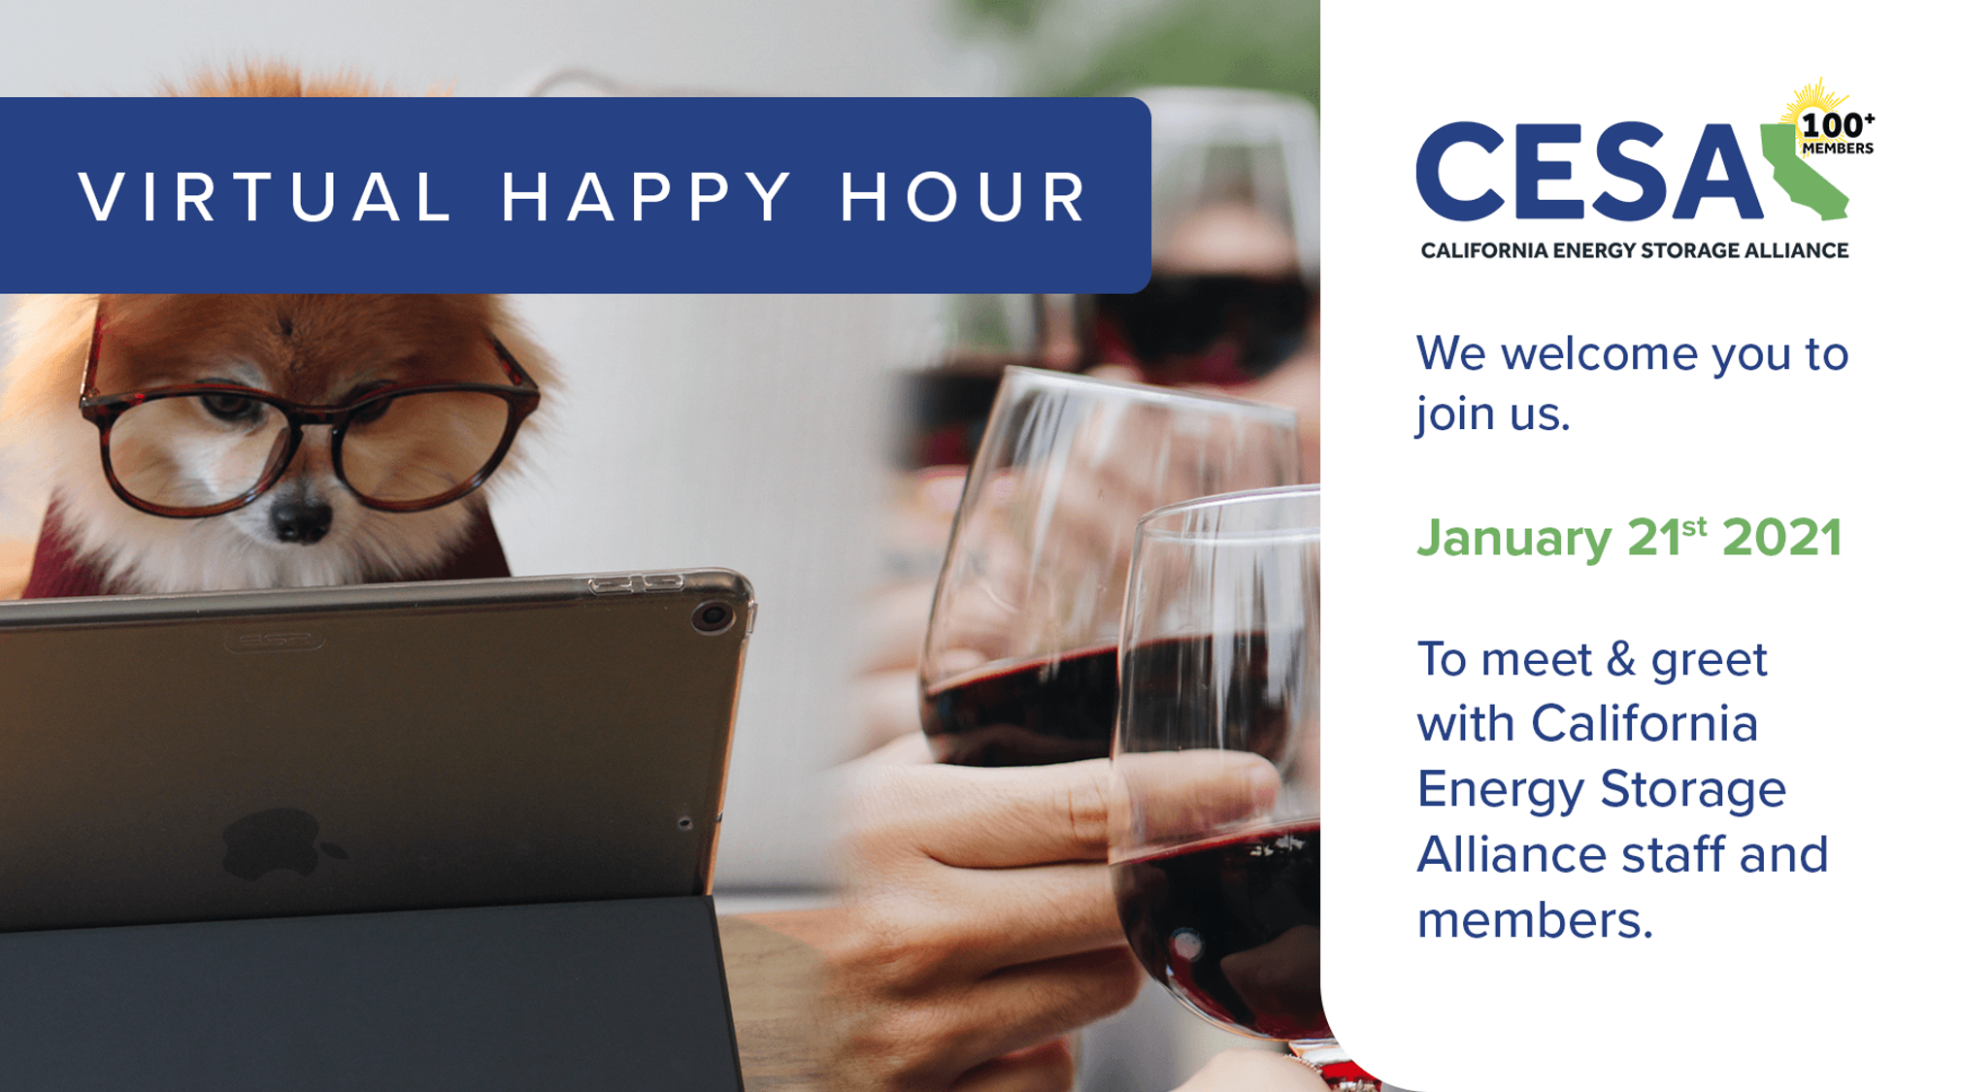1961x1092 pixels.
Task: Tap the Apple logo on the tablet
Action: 277,844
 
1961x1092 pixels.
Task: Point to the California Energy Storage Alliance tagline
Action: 1634,250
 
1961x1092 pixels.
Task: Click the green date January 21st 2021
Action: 1629,538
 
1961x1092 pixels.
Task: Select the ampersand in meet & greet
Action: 1621,660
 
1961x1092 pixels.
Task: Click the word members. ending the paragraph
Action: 1534,920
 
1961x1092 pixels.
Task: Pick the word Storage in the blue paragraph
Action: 1692,789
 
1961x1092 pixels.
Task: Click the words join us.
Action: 1492,414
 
